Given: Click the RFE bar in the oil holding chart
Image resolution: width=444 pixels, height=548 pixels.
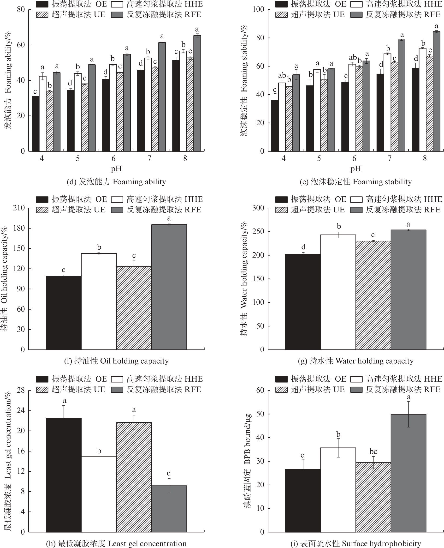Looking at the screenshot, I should pyautogui.click(x=169, y=287).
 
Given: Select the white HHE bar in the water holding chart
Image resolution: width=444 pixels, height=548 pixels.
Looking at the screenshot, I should pyautogui.click(x=338, y=292).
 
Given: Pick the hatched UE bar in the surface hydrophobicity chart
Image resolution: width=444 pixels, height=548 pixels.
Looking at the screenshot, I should pyautogui.click(x=373, y=497).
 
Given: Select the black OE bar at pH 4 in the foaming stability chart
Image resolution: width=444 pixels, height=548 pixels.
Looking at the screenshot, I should pyautogui.click(x=275, y=125).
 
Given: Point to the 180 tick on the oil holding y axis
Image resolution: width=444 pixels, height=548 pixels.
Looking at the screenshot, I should pyautogui.click(x=19, y=228).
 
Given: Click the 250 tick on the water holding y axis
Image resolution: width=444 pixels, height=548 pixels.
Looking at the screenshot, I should pyautogui.click(x=258, y=231).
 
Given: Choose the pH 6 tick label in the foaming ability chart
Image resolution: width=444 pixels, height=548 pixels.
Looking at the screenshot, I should pyautogui.click(x=113, y=158).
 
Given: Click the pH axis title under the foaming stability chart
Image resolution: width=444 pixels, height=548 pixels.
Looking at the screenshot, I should pyautogui.click(x=355, y=169).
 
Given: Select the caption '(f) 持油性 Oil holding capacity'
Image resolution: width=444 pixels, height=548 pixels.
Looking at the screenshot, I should pyautogui.click(x=116, y=361).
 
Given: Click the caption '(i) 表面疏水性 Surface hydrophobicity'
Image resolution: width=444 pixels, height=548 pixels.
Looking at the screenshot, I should pyautogui.click(x=355, y=543).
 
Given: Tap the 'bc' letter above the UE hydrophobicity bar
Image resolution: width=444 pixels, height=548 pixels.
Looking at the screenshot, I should pyautogui.click(x=373, y=452).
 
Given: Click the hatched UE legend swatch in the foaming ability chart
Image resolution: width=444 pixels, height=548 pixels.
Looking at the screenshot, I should pyautogui.click(x=42, y=15).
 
